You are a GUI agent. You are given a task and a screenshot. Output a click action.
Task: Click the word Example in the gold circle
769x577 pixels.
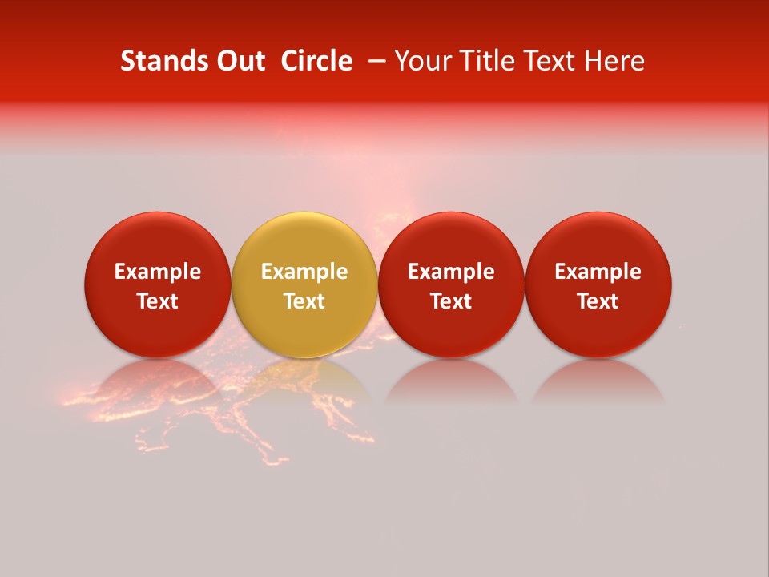tap(304, 272)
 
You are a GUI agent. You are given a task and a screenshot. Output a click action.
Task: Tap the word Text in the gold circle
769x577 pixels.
tap(304, 301)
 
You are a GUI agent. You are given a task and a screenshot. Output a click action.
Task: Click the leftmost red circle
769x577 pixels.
tap(157, 240)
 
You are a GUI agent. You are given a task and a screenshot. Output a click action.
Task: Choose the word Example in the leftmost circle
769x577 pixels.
tap(157, 272)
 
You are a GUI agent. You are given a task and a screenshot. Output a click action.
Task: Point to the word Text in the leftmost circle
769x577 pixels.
tap(157, 301)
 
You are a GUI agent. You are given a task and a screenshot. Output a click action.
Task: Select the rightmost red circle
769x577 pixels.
tap(598, 240)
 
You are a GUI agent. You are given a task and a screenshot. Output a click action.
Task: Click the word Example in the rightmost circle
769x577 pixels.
tap(598, 272)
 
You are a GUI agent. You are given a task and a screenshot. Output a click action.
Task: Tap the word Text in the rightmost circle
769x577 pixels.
tap(598, 301)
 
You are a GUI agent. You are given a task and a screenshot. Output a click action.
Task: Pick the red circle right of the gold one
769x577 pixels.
tap(451, 240)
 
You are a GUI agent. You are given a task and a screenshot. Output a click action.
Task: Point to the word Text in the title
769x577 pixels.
tap(554, 61)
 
